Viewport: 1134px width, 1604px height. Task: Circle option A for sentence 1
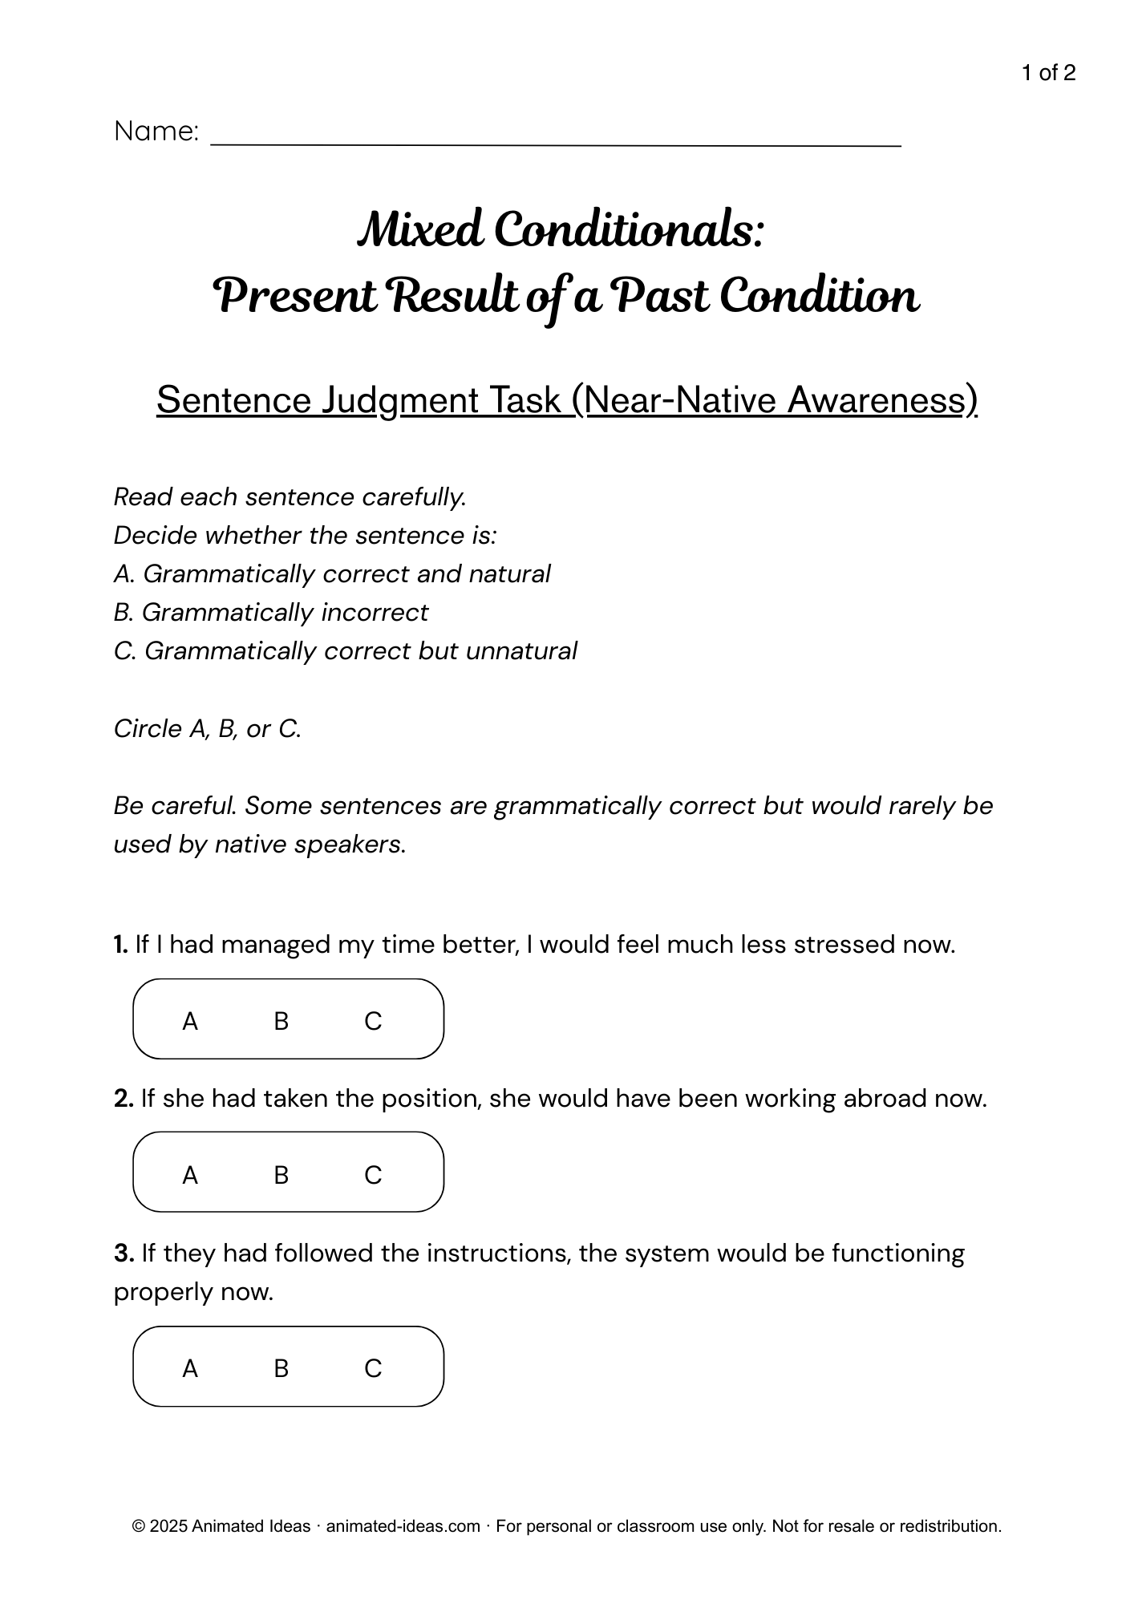tap(190, 1021)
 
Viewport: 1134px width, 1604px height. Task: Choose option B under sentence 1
tap(281, 1021)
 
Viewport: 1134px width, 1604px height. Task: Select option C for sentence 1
tap(373, 1021)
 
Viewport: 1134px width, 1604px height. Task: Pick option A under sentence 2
tap(190, 1175)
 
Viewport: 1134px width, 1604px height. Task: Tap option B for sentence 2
tap(281, 1175)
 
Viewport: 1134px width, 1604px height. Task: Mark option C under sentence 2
tap(373, 1175)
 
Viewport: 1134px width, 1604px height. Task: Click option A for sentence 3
tap(190, 1368)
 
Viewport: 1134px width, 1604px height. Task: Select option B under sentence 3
tap(281, 1368)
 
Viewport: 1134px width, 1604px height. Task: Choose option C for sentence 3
tap(373, 1368)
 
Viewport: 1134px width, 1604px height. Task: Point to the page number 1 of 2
tap(1048, 74)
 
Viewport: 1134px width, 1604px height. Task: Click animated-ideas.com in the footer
tap(403, 1526)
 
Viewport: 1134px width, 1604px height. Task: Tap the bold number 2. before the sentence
tap(124, 1099)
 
